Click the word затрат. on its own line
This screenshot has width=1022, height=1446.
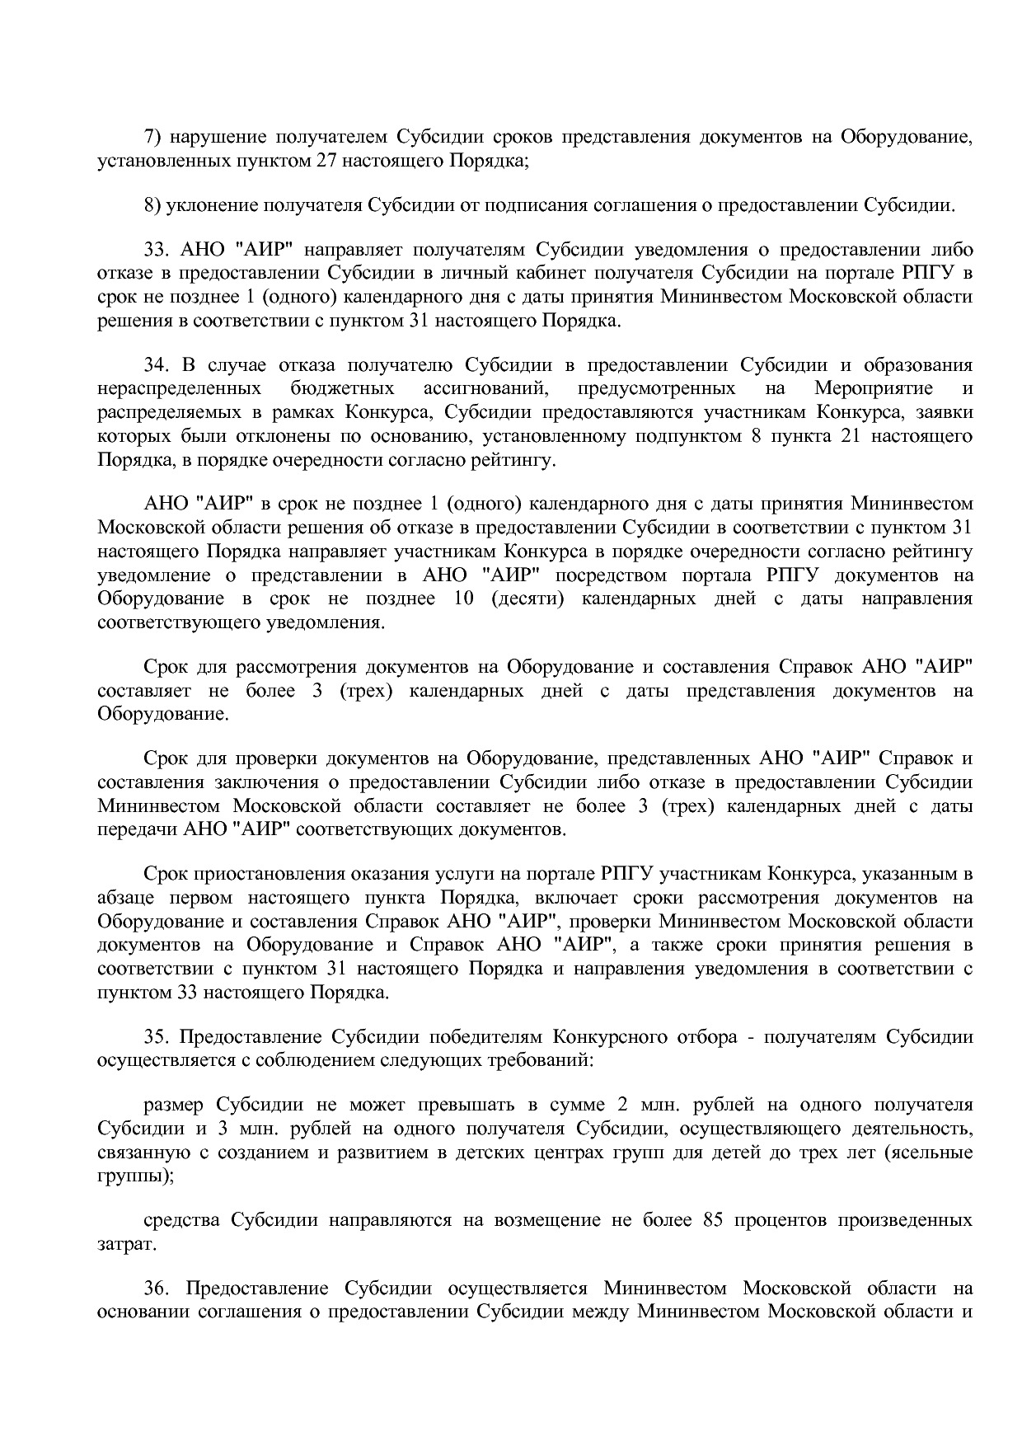(127, 1243)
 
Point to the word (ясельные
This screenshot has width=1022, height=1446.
(928, 1153)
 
